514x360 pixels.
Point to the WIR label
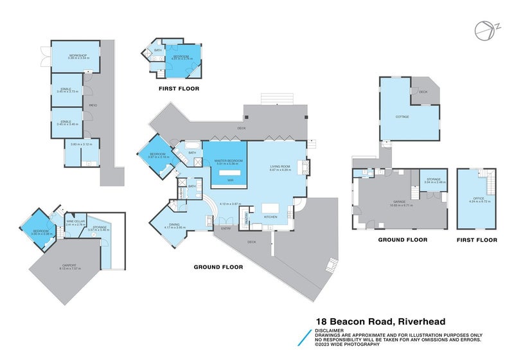point(227,181)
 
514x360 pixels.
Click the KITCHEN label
point(270,217)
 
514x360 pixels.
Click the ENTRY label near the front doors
point(226,229)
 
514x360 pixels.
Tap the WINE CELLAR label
point(75,221)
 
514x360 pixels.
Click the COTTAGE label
point(403,117)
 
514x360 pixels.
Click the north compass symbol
point(481,30)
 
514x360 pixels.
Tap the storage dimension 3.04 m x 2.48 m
point(434,183)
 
